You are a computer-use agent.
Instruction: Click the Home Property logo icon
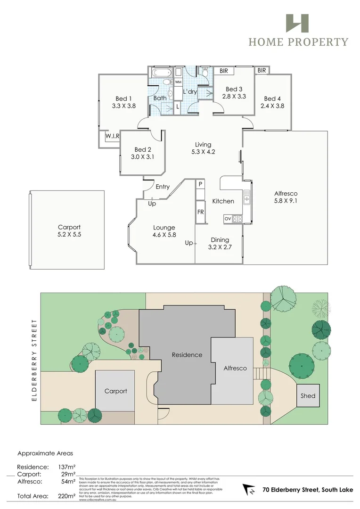297,24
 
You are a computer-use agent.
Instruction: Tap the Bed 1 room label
123,99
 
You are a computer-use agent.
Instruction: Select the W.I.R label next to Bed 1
112,136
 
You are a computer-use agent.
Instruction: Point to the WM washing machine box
178,82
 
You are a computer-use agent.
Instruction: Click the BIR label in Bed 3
224,71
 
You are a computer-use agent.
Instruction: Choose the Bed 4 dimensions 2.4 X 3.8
272,106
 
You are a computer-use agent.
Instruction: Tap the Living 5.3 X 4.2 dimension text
203,152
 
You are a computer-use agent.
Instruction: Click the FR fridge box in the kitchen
200,212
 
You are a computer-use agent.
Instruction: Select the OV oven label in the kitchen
227,219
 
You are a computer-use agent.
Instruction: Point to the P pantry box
200,184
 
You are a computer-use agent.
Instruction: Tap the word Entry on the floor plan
163,187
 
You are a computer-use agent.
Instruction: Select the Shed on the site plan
308,396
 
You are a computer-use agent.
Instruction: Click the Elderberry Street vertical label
34,360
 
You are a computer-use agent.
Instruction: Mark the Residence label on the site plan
187,355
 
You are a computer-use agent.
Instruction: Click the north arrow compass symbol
249,490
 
